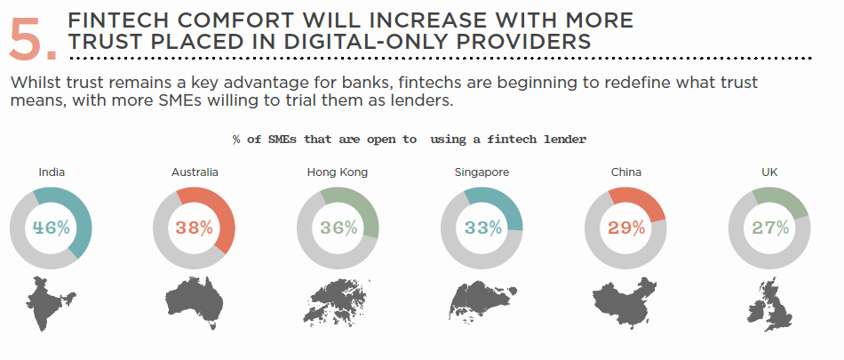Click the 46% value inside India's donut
[52, 228]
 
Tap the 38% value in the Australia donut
[194, 228]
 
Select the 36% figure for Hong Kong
[338, 228]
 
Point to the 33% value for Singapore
[482, 228]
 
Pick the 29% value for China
[626, 228]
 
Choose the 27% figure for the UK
[770, 228]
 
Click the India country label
[52, 172]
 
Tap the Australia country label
[195, 172]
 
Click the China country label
[626, 172]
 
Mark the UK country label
[769, 172]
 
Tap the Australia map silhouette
[194, 300]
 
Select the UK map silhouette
[771, 305]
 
